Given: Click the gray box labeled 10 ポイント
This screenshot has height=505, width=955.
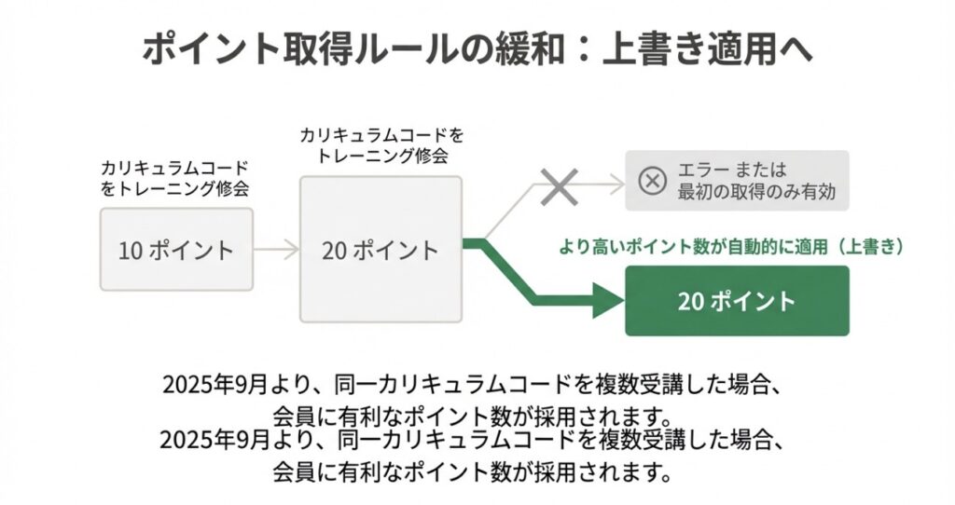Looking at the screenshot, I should click(176, 250).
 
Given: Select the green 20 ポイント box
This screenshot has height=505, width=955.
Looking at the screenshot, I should click(737, 301).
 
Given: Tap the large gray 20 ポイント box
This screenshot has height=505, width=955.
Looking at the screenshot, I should click(381, 250).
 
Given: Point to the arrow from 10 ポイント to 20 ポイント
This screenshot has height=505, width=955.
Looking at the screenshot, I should click(275, 250).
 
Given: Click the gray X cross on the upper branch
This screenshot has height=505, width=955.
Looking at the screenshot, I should click(559, 186).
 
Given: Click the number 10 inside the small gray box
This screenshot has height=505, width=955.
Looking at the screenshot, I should click(130, 250).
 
